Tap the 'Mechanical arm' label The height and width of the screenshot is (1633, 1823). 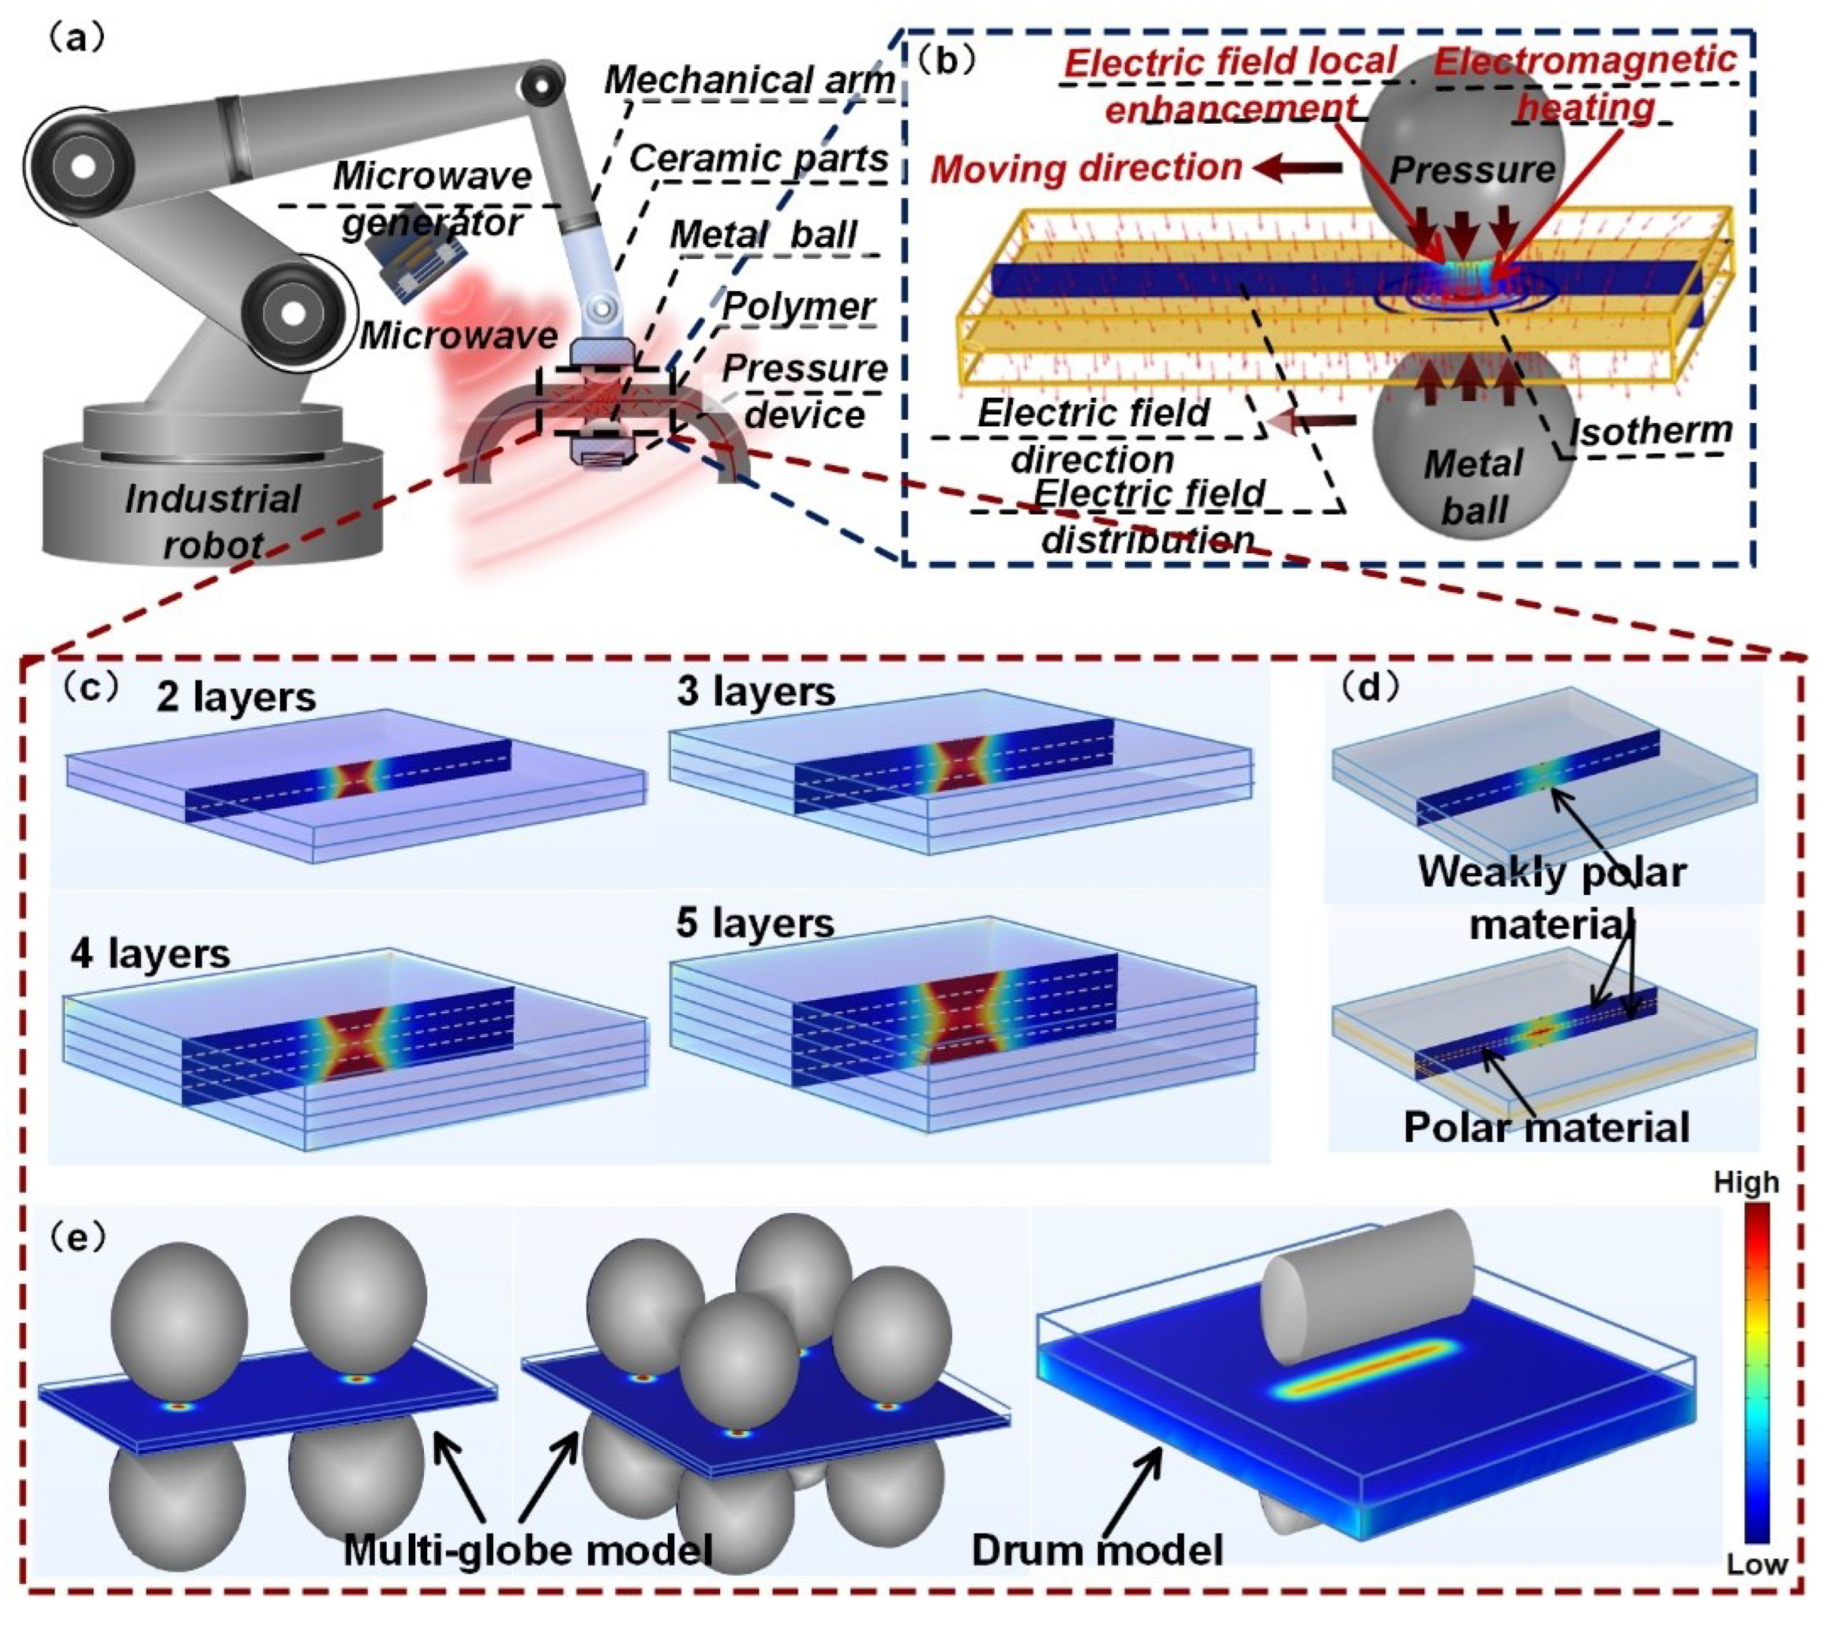pos(749,81)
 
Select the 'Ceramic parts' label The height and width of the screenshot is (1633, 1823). pos(758,159)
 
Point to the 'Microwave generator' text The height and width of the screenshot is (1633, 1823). pos(432,198)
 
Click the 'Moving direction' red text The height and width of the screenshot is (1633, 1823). pos(1086,168)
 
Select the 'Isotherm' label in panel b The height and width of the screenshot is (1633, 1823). pos(1650,432)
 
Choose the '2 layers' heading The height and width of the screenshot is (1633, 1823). pos(235,697)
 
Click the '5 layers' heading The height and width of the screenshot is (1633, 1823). pos(755,923)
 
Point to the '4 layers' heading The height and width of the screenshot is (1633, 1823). pos(150,954)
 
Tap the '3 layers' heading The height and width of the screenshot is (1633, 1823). pos(756,692)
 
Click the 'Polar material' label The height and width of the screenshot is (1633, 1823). pos(1546,1127)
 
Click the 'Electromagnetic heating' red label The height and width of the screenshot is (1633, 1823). pos(1585,83)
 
